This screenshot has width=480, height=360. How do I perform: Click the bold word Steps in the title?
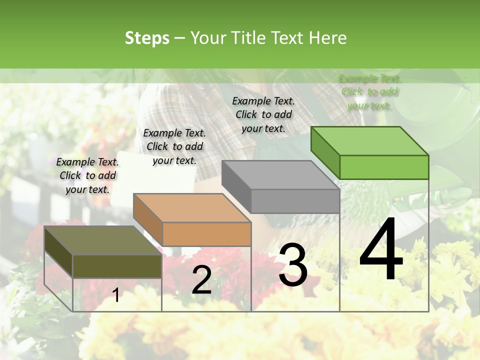point(147,38)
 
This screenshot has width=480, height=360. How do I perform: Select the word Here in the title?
point(327,38)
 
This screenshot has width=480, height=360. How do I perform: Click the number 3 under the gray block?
point(293,265)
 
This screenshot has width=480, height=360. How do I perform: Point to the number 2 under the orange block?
point(201,279)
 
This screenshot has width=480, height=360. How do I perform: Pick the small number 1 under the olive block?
point(116,295)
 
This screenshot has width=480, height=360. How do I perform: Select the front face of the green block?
point(384,167)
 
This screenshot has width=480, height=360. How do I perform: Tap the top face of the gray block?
point(280,175)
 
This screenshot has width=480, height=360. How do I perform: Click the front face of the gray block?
point(295,201)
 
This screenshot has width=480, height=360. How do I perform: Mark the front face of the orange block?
point(206,234)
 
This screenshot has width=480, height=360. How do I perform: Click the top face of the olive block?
point(102,240)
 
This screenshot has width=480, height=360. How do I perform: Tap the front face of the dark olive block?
point(117,266)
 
